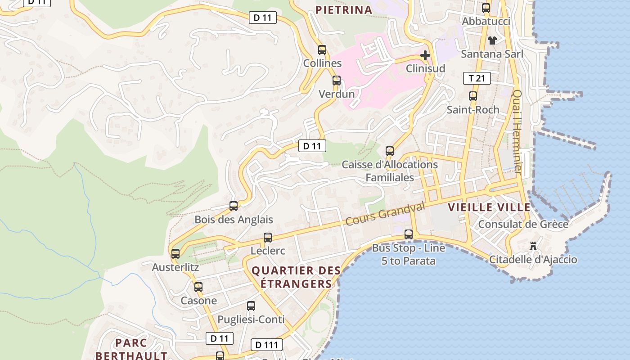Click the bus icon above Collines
[322, 50]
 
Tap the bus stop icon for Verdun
[337, 81]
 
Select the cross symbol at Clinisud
[425, 55]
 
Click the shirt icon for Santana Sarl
[492, 40]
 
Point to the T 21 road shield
[477, 78]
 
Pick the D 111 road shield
[266, 345]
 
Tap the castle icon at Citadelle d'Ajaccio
[533, 246]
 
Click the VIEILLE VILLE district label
[489, 207]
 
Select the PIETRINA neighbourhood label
[344, 10]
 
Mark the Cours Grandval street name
[385, 214]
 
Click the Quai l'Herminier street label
[517, 132]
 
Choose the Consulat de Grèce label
[523, 224]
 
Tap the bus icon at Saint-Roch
[473, 96]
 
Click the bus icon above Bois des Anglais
[234, 206]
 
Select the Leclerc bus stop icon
[268, 238]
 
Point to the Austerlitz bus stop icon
[175, 254]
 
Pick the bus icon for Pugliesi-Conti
[251, 306]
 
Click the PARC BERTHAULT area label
[131, 349]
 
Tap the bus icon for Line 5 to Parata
[409, 234]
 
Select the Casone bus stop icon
[198, 287]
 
